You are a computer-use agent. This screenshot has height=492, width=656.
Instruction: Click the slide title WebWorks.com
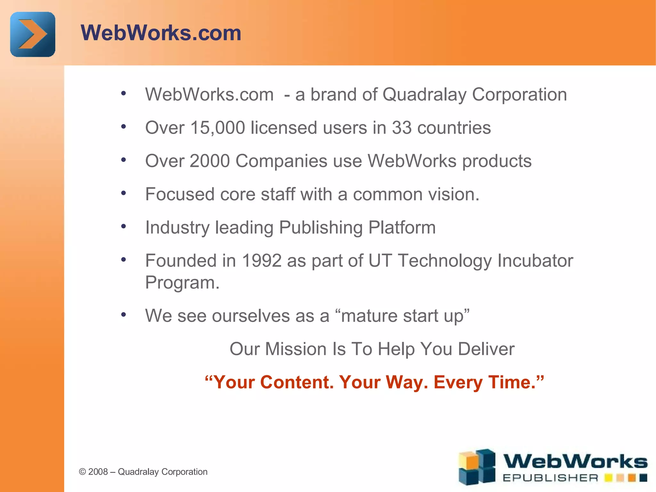pos(161,33)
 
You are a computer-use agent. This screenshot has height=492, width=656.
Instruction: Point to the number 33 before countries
pos(402,128)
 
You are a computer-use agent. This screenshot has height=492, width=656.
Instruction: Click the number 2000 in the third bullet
pos(209,161)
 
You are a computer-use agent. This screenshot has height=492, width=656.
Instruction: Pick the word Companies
pos(281,161)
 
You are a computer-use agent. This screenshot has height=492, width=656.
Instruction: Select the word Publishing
pos(321,227)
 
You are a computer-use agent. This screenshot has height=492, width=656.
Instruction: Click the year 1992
pos(262,260)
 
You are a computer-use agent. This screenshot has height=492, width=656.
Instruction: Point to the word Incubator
pos(535,260)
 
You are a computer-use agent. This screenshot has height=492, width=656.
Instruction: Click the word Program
pos(182,283)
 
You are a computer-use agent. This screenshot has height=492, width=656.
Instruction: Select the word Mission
pos(296,349)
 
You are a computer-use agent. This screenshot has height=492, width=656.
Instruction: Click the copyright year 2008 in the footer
pos(98,472)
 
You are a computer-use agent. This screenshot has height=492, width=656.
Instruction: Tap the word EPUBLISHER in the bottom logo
pos(550,478)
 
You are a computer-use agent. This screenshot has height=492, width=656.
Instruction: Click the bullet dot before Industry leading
pos(124,226)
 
